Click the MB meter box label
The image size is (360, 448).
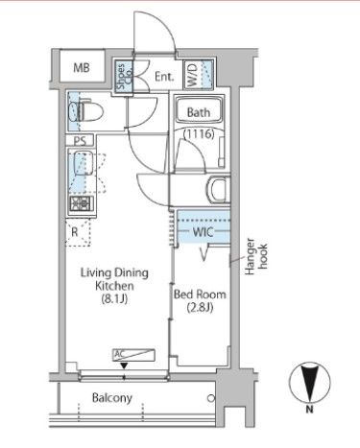(82, 68)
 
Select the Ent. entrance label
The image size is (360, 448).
(164, 77)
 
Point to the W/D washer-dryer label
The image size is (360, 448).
(192, 75)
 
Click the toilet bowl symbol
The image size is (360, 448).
(85, 111)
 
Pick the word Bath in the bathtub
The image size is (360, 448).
(199, 112)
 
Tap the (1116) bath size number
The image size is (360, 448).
(199, 133)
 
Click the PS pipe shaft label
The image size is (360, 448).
(81, 141)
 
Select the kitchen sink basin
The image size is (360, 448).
(84, 163)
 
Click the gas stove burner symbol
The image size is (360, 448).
(82, 203)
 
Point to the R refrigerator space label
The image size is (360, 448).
(75, 232)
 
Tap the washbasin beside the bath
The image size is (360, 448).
(218, 190)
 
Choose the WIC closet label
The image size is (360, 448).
(203, 232)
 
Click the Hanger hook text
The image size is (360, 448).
(255, 257)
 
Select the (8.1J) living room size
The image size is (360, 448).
(114, 299)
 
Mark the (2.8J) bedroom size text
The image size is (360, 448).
(200, 308)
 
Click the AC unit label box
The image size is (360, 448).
(133, 355)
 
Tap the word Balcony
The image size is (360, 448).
(112, 398)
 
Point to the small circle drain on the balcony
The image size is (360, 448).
(211, 398)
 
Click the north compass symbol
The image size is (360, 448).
(309, 383)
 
